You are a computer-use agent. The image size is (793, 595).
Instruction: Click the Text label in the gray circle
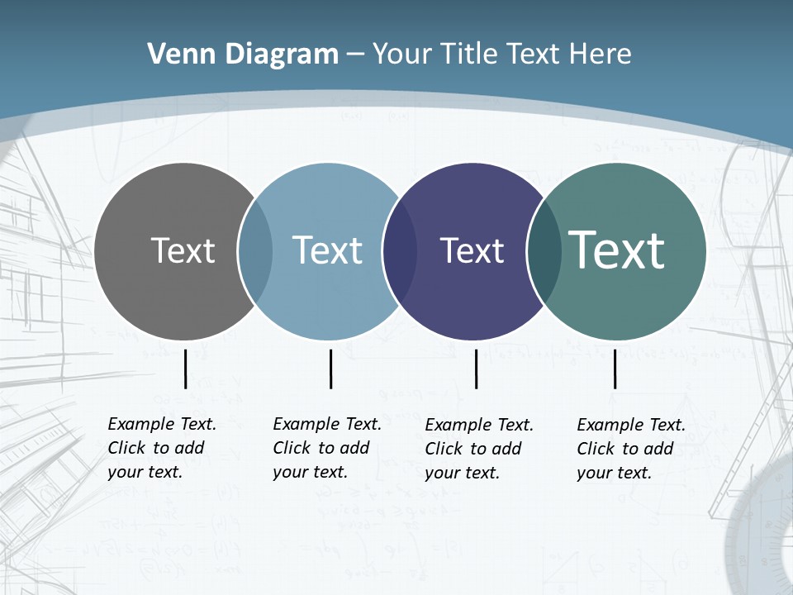click(183, 250)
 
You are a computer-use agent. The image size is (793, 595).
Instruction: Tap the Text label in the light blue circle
click(327, 250)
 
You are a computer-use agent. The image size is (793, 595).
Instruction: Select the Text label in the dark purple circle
click(472, 250)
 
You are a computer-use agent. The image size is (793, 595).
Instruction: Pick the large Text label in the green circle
click(617, 250)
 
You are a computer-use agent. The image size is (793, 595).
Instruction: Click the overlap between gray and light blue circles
click(255, 251)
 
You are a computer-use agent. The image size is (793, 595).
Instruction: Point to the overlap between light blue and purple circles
click(400, 251)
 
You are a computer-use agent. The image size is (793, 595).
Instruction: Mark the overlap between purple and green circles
click(544, 251)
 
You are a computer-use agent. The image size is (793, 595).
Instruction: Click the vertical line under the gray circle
click(185, 369)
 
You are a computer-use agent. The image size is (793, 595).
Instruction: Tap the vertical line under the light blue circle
click(330, 369)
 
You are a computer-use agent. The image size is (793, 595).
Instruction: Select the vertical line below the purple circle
click(476, 369)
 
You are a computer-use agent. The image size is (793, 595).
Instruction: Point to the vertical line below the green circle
click(615, 369)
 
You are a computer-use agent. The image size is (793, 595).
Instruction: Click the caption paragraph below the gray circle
click(161, 448)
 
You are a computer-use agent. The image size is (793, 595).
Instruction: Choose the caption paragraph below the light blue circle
click(326, 448)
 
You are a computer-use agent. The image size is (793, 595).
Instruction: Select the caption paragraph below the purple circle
click(478, 449)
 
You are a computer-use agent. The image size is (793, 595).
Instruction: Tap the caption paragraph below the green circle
click(630, 449)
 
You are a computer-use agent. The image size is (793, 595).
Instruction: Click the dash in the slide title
click(355, 55)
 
